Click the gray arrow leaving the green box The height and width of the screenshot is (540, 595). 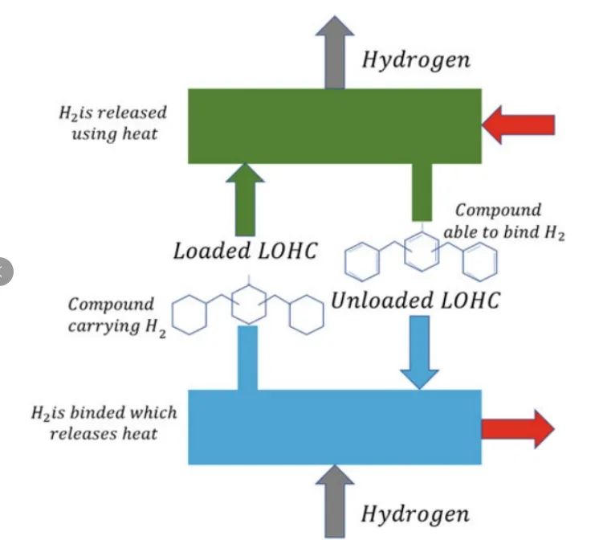click(335, 52)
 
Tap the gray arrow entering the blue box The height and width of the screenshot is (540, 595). click(335, 501)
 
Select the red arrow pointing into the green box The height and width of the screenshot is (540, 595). click(519, 125)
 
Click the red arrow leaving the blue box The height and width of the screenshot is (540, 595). click(519, 429)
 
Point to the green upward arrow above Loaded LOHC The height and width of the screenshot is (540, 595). click(245, 200)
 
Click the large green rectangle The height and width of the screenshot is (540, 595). click(335, 126)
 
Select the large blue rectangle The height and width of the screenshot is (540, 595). click(335, 427)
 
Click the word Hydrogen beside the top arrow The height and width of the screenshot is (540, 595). click(416, 61)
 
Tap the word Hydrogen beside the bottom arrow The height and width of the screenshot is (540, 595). click(415, 514)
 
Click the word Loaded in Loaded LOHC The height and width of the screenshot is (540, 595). click(212, 252)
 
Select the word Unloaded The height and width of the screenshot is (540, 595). click(382, 301)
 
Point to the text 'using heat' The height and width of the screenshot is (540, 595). click(115, 134)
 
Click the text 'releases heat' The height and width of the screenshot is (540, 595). click(104, 434)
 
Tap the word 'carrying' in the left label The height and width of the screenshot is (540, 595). click(104, 326)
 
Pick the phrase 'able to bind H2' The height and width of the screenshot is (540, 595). click(504, 232)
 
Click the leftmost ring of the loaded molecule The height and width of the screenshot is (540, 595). click(190, 315)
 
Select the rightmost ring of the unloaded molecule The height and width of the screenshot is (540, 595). click(479, 262)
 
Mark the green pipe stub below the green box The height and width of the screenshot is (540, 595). click(422, 192)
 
